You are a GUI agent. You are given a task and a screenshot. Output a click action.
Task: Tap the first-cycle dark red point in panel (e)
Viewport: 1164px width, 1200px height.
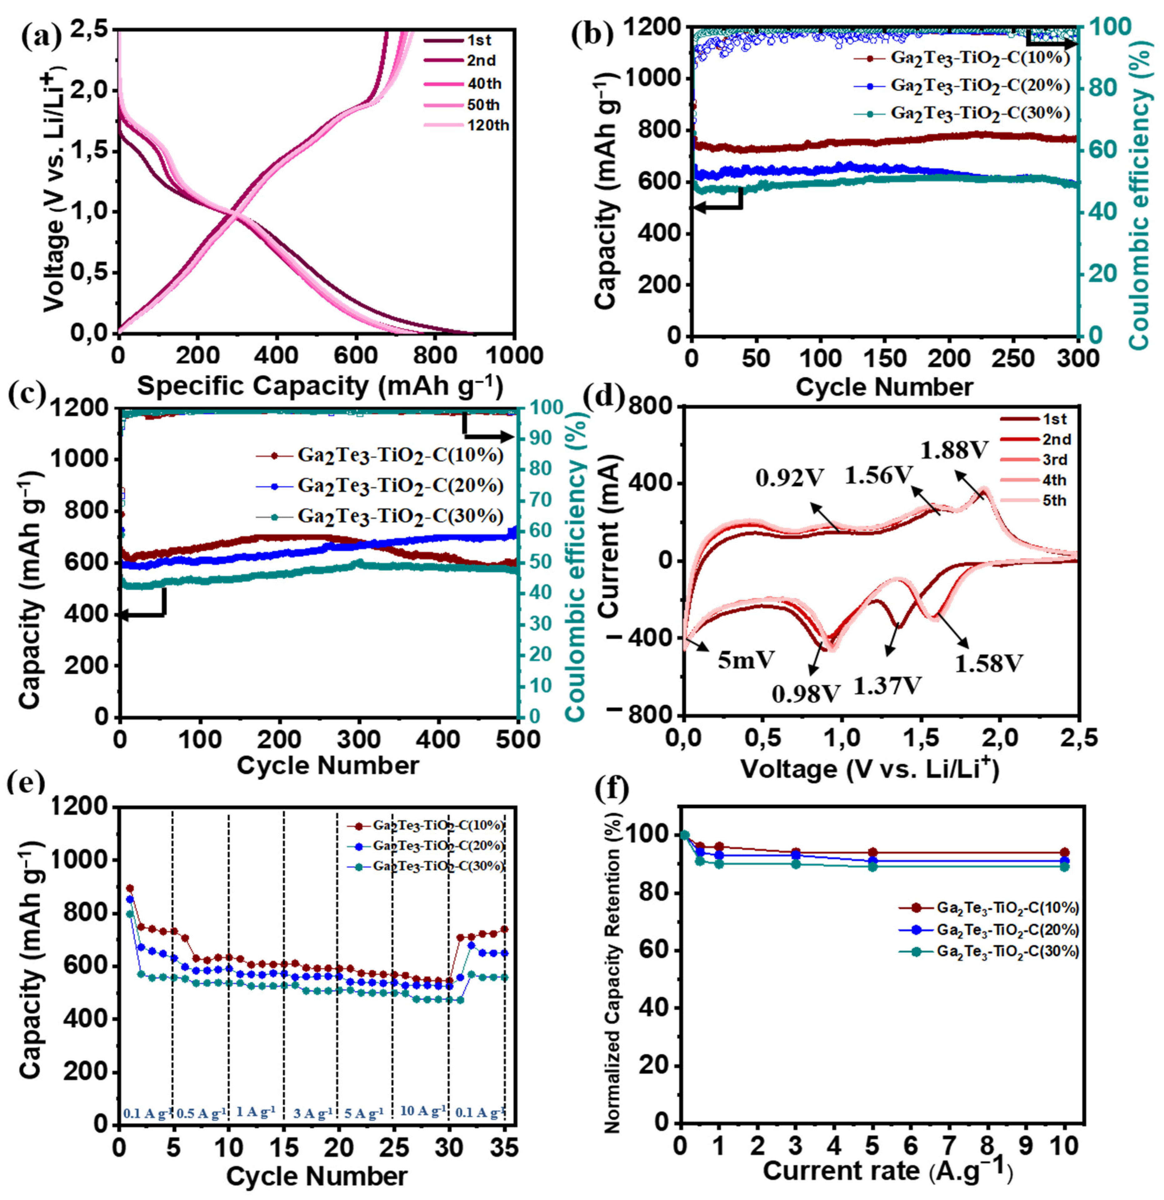130,888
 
